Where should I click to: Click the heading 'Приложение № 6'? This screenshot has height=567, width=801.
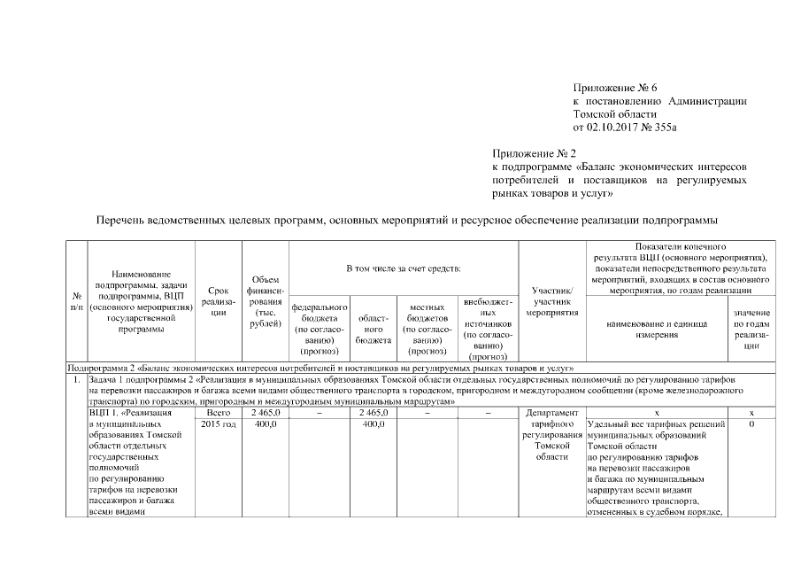coord(617,88)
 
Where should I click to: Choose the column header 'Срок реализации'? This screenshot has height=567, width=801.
coord(218,300)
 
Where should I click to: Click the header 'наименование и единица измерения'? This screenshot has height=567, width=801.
coord(656,329)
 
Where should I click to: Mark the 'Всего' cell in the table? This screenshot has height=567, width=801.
coord(218,413)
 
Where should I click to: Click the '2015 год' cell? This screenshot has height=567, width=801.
coord(218,424)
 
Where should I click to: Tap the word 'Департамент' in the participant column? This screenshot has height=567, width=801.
coord(551,413)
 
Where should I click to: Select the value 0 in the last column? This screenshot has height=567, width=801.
coord(751,424)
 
